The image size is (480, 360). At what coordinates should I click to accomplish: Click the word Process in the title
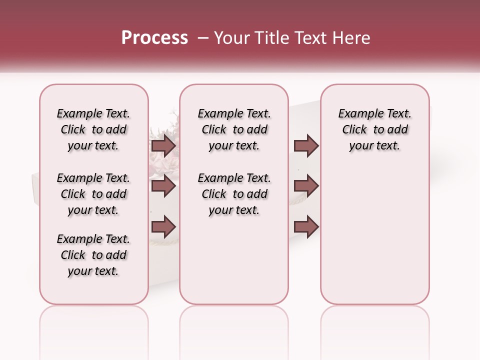click(x=154, y=38)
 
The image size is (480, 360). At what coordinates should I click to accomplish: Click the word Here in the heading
click(x=350, y=38)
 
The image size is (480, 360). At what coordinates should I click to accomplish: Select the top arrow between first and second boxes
click(x=163, y=146)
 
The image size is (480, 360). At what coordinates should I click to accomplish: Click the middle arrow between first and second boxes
click(x=163, y=186)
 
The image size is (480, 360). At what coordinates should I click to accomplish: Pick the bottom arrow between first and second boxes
click(x=163, y=226)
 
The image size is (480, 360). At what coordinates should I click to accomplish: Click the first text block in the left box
click(x=93, y=129)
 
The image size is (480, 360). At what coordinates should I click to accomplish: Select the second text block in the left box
click(x=93, y=194)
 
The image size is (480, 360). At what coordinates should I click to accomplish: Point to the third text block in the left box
click(x=93, y=255)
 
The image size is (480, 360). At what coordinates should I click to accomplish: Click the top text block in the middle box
click(x=234, y=129)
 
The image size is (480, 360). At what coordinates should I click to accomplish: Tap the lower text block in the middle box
click(x=234, y=194)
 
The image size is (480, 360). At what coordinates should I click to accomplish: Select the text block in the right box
click(x=374, y=129)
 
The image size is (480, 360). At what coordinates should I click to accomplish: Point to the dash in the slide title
click(x=203, y=38)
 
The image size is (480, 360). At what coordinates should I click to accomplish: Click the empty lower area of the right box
click(x=374, y=235)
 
